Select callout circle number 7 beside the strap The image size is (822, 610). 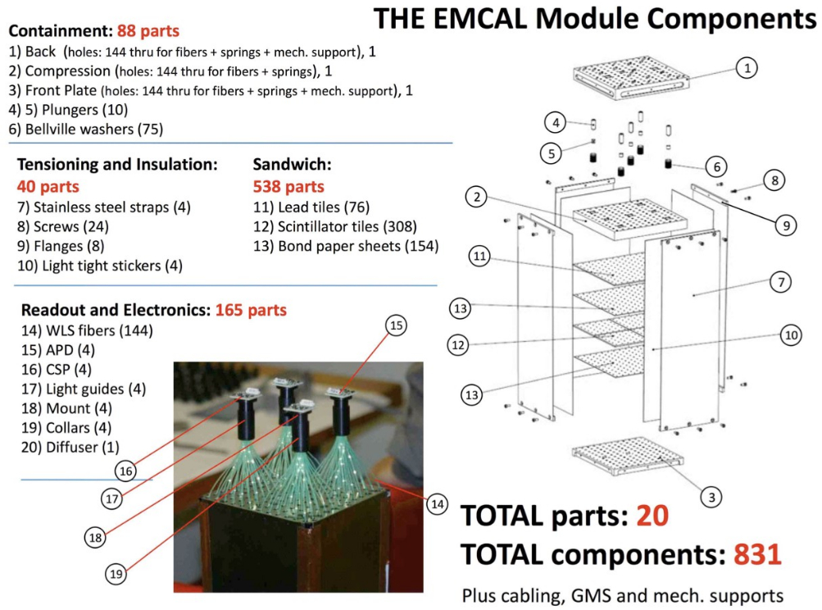coord(779,282)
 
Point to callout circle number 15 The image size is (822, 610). coord(397,325)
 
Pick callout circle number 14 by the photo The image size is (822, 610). coord(437,504)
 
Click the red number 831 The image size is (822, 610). coord(757,554)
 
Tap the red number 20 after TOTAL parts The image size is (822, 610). coord(652,515)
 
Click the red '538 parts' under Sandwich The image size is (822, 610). coord(288,186)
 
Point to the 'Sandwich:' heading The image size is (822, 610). coord(291,164)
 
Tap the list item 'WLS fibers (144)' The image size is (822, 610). coord(87,330)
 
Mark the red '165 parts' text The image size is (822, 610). coord(251,310)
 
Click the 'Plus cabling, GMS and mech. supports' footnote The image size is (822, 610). coord(623,594)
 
